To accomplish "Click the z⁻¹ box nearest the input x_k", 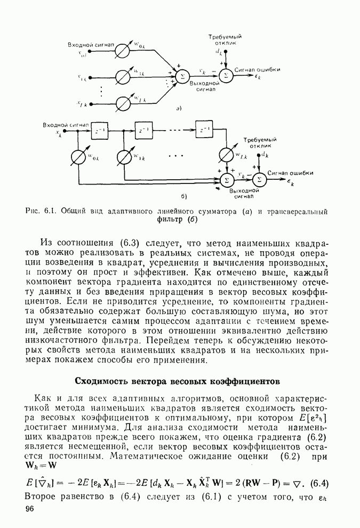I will click(x=99, y=131).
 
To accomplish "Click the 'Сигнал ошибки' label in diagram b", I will click(x=291, y=173).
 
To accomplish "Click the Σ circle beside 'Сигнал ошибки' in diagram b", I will click(x=260, y=179).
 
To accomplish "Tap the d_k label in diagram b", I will click(x=265, y=155).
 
